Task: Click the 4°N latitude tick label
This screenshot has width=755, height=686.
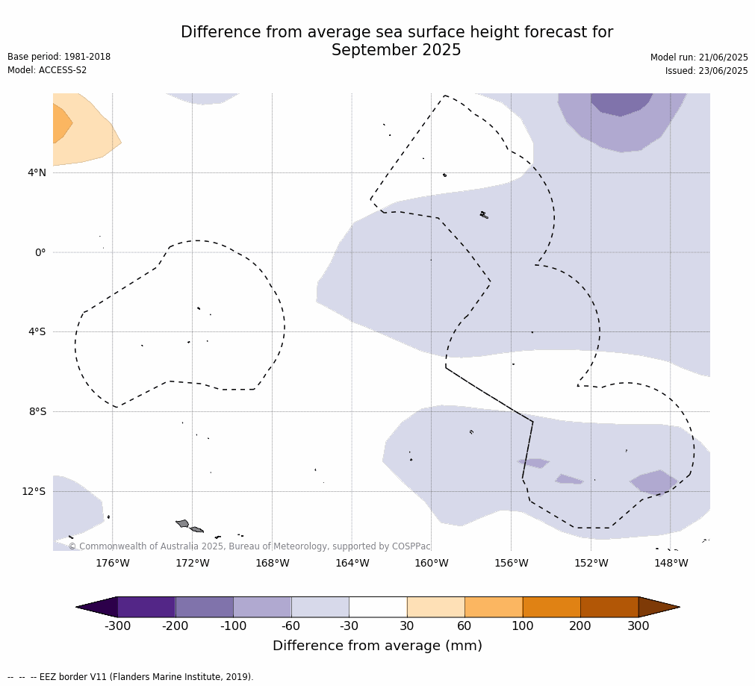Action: coord(37,172)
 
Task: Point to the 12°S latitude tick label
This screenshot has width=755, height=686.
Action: coord(34,491)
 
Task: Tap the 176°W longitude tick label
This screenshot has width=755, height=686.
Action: coord(113,563)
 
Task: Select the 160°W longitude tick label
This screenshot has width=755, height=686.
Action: coord(432,563)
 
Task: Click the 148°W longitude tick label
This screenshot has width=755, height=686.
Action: coord(671,563)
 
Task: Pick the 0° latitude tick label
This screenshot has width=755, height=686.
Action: coord(40,252)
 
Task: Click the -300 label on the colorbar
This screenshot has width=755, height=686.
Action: coord(117,626)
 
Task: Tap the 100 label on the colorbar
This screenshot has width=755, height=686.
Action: coord(523,626)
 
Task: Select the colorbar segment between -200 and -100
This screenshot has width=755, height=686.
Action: coord(204,607)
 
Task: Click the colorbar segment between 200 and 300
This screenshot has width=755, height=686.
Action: coord(609,607)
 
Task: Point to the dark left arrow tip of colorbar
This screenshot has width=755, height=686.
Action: coord(77,607)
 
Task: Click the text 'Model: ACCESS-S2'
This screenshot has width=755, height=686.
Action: coord(47,70)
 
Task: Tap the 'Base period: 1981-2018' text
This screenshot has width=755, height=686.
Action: coord(59,56)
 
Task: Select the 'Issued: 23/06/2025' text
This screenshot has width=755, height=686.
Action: coord(706,71)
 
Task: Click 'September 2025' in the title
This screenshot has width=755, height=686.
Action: coord(397,50)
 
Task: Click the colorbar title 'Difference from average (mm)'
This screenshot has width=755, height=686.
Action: coord(378,646)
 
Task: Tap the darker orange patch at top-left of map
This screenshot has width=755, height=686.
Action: coord(61,123)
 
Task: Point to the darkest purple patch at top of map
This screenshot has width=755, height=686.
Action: coord(621,104)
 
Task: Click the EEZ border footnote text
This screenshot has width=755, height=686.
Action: coord(131,676)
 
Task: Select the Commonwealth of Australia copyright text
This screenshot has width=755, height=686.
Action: coord(249,546)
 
